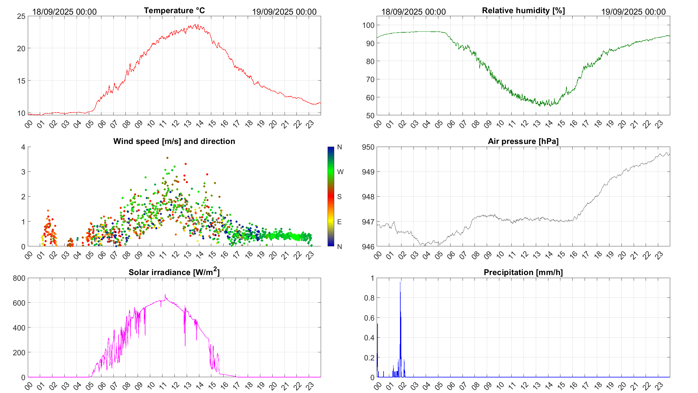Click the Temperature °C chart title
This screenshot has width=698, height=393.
tap(174, 10)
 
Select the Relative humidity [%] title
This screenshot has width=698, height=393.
tap(523, 10)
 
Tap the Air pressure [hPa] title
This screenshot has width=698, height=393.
tap(523, 141)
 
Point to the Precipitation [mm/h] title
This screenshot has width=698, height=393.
tap(523, 272)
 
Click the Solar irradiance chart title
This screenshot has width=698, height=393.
tap(174, 272)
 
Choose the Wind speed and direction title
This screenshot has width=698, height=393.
tap(174, 141)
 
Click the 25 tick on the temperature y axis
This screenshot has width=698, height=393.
tap(21, 16)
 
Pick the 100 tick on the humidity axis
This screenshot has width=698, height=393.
tap(368, 25)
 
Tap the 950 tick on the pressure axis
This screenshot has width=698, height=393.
tap(368, 147)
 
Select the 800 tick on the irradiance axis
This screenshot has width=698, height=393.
tap(19, 278)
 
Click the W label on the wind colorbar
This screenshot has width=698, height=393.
tap(340, 172)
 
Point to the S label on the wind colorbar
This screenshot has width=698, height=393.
tap(339, 197)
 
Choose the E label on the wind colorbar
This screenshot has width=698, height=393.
tap(339, 222)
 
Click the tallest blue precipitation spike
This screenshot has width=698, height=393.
tap(400, 283)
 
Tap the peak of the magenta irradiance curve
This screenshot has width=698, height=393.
tap(165, 295)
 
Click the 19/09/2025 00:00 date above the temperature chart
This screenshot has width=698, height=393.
tap(284, 12)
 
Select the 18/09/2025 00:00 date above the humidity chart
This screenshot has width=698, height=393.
tap(413, 12)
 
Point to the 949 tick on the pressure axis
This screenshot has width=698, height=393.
tap(368, 172)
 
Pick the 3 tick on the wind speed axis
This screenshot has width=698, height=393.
tap(23, 172)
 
